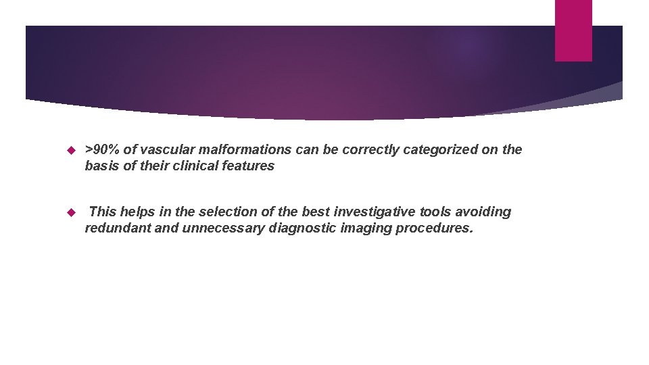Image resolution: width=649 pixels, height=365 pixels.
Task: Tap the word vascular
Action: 168,149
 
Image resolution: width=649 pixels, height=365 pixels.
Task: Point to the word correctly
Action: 371,149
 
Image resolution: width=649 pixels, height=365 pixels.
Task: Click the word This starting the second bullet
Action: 103,212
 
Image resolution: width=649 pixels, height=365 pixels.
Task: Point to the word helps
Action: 140,212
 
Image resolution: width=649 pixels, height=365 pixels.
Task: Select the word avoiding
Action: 485,212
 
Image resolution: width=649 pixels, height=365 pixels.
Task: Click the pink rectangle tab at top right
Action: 573,30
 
